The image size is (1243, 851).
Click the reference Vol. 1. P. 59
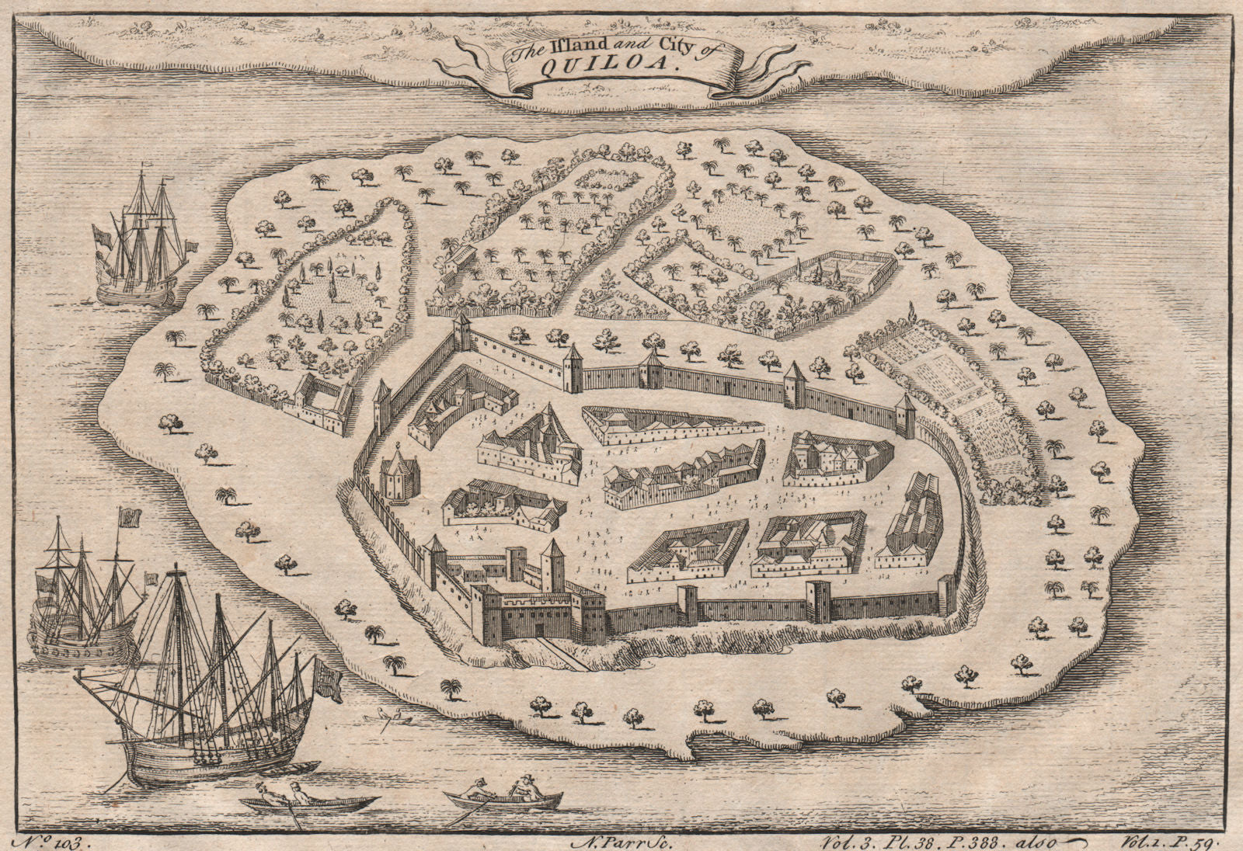tap(1171, 839)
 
